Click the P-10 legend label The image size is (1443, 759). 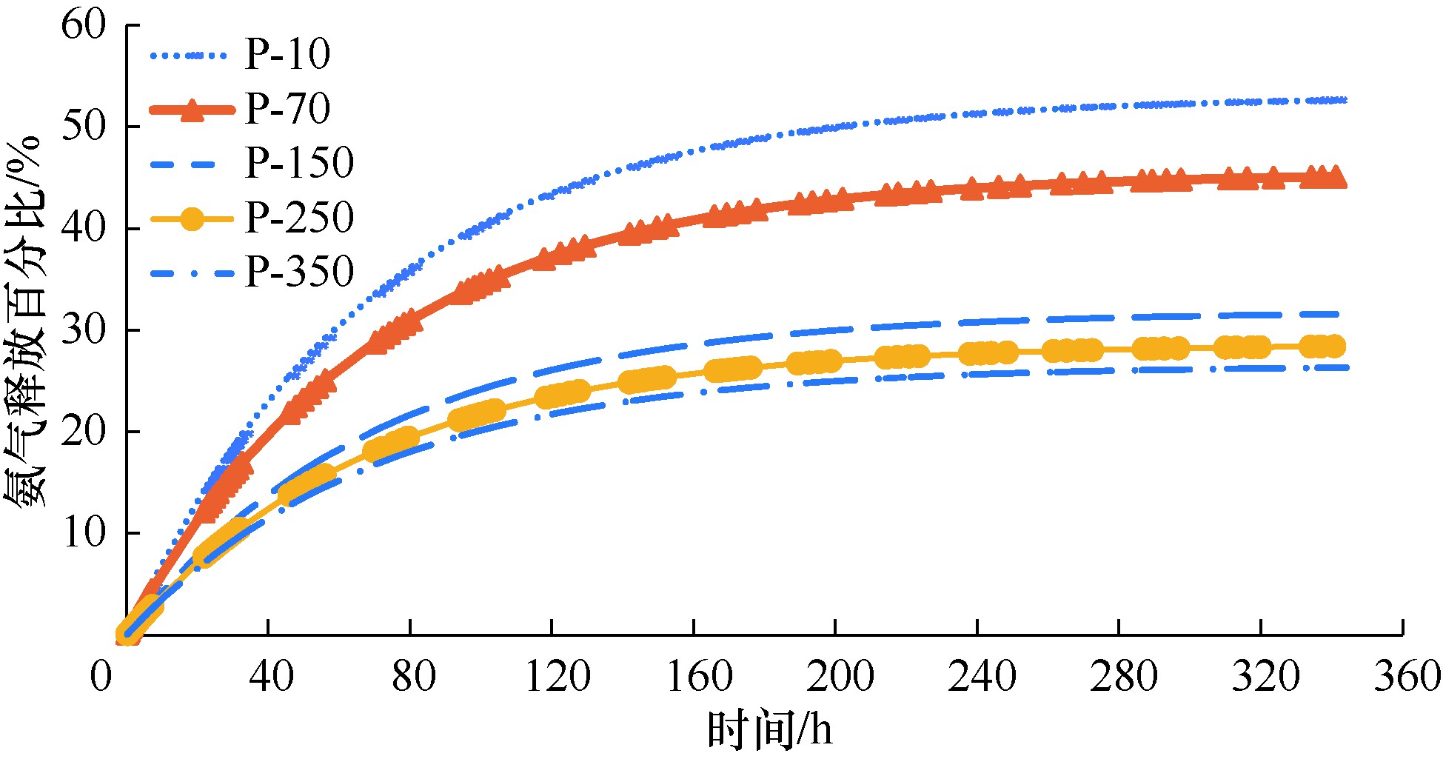pyautogui.click(x=287, y=54)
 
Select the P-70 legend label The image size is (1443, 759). pyautogui.click(x=287, y=109)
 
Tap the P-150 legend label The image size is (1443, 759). pyautogui.click(x=299, y=163)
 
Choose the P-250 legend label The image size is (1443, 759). pyautogui.click(x=299, y=218)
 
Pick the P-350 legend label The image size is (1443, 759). pyautogui.click(x=299, y=272)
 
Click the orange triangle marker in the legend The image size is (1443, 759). pyautogui.click(x=192, y=110)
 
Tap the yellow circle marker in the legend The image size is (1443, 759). pyautogui.click(x=192, y=218)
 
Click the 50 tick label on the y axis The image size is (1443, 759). pyautogui.click(x=84, y=127)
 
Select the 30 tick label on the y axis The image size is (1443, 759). pyautogui.click(x=84, y=330)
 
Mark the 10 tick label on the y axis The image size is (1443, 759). pyautogui.click(x=84, y=533)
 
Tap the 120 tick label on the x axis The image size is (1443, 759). pyautogui.click(x=558, y=676)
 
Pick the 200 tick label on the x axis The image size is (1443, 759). pyautogui.click(x=840, y=676)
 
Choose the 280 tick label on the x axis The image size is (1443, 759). pyautogui.click(x=1123, y=676)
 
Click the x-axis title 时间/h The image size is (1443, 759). pyautogui.click(x=770, y=730)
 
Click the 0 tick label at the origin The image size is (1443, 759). pyautogui.click(x=101, y=676)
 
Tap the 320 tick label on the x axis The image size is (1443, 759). pyautogui.click(x=1265, y=676)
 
